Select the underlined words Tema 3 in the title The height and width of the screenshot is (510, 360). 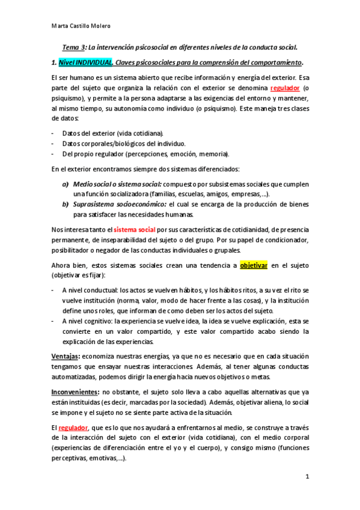(x=76, y=47)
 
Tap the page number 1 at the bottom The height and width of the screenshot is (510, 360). (x=307, y=477)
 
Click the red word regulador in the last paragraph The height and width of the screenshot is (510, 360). (x=73, y=427)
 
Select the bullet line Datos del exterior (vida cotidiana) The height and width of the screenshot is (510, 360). (x=112, y=133)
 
